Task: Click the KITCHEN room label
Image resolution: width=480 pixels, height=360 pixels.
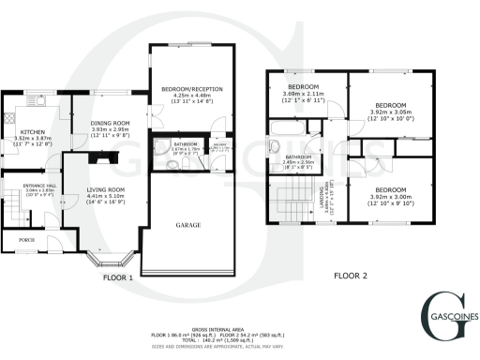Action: coord(31,133)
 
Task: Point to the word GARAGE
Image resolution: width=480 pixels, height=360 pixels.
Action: coord(190,226)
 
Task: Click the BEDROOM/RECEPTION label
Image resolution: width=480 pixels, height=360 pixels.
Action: coord(190,89)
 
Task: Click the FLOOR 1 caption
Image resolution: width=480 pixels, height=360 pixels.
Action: coord(118,277)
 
